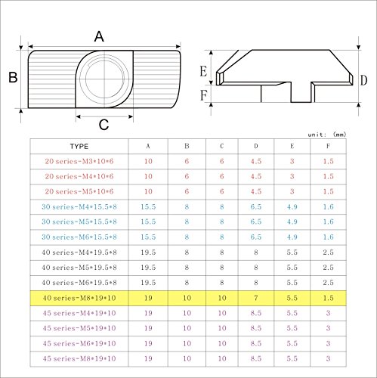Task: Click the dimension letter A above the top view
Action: click(99, 37)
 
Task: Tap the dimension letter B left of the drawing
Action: click(13, 77)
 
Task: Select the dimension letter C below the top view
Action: click(104, 125)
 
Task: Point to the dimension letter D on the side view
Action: click(363, 81)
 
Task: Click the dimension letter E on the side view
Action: click(203, 71)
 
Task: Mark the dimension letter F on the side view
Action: click(203, 95)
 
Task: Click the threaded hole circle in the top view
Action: click(105, 79)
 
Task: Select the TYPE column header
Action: click(79, 147)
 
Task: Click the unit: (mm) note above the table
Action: click(327, 135)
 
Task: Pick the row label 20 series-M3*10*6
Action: click(79, 161)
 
